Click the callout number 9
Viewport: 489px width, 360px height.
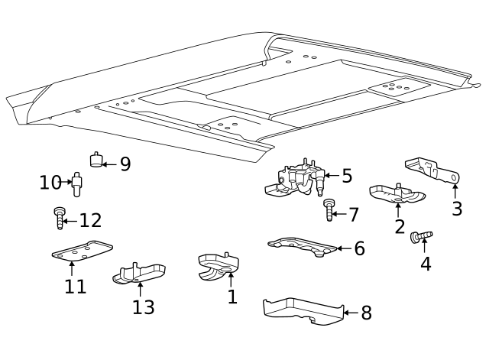pos(125,164)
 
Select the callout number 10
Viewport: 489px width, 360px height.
pos(50,183)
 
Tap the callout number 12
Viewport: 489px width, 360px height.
pos(90,221)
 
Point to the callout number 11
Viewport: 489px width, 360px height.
pos(75,287)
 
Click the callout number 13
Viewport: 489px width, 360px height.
pos(144,307)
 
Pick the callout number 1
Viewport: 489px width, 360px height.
pos(232,297)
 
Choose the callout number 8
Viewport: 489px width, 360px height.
pos(366,313)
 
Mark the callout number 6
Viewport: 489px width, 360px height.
pos(359,248)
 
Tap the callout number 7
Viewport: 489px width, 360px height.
pos(353,215)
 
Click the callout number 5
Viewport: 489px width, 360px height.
pos(347,177)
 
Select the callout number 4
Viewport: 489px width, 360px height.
pos(426,264)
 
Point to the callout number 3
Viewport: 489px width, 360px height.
pos(457,209)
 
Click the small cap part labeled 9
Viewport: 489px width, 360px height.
pos(96,160)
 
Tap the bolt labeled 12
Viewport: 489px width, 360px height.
pos(59,218)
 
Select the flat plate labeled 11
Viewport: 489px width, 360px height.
pos(82,251)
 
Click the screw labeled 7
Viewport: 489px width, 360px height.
pos(329,209)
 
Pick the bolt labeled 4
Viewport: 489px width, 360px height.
pos(421,237)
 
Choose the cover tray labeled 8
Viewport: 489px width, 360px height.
pos(302,309)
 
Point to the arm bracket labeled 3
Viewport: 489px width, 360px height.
pos(433,170)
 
